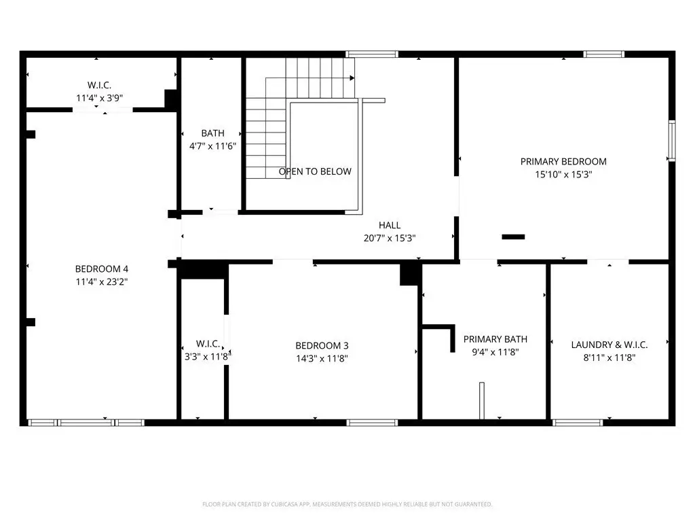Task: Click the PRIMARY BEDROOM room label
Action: point(563,162)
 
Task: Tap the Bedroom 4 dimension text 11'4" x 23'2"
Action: point(102,281)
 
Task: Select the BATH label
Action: point(212,133)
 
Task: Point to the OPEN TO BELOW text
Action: point(315,171)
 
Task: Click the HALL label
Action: point(390,225)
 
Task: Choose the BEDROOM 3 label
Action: point(322,345)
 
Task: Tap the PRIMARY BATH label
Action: point(495,339)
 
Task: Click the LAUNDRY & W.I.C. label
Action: point(609,345)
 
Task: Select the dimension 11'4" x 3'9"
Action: point(99,98)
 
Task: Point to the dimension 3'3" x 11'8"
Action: point(207,356)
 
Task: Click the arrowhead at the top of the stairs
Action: point(352,78)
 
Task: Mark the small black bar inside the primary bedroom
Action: point(513,237)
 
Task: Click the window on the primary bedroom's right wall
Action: point(672,141)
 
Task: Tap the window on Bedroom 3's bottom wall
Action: point(372,423)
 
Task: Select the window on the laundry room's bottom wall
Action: point(578,423)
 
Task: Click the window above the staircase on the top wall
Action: point(372,54)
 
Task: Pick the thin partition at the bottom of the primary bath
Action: point(482,400)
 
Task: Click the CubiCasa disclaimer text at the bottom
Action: point(347,504)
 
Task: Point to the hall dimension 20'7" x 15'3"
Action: point(390,238)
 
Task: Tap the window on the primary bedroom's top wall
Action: point(603,54)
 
